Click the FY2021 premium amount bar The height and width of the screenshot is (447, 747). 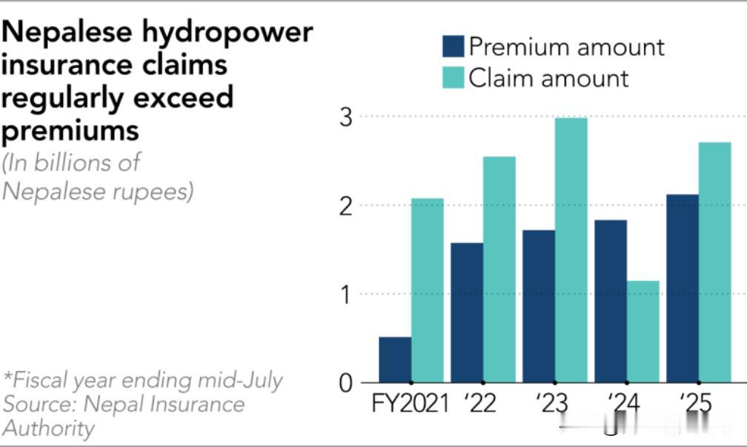[x=395, y=360]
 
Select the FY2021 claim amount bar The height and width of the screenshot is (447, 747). [x=428, y=291]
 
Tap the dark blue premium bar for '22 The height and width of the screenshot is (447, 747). [x=467, y=313]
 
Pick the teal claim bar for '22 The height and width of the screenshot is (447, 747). [x=499, y=269]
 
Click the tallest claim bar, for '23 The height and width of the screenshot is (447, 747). [x=571, y=251]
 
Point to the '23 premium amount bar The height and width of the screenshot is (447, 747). [x=539, y=306]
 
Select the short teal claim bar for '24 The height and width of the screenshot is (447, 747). [x=643, y=331]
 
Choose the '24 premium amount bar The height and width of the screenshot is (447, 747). [x=611, y=301]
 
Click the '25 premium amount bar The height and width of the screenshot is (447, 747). [x=683, y=288]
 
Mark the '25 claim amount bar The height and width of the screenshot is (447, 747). [x=715, y=262]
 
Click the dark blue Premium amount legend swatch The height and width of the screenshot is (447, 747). [x=453, y=46]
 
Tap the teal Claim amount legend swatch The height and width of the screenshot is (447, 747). [x=453, y=78]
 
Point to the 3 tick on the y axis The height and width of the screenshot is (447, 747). [x=346, y=117]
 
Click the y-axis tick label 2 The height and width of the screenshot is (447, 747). [x=346, y=206]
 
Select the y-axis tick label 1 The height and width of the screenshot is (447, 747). [x=346, y=295]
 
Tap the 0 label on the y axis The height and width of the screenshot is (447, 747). [x=346, y=383]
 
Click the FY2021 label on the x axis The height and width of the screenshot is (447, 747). [x=411, y=403]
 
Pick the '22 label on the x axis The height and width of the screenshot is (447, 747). [x=480, y=403]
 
